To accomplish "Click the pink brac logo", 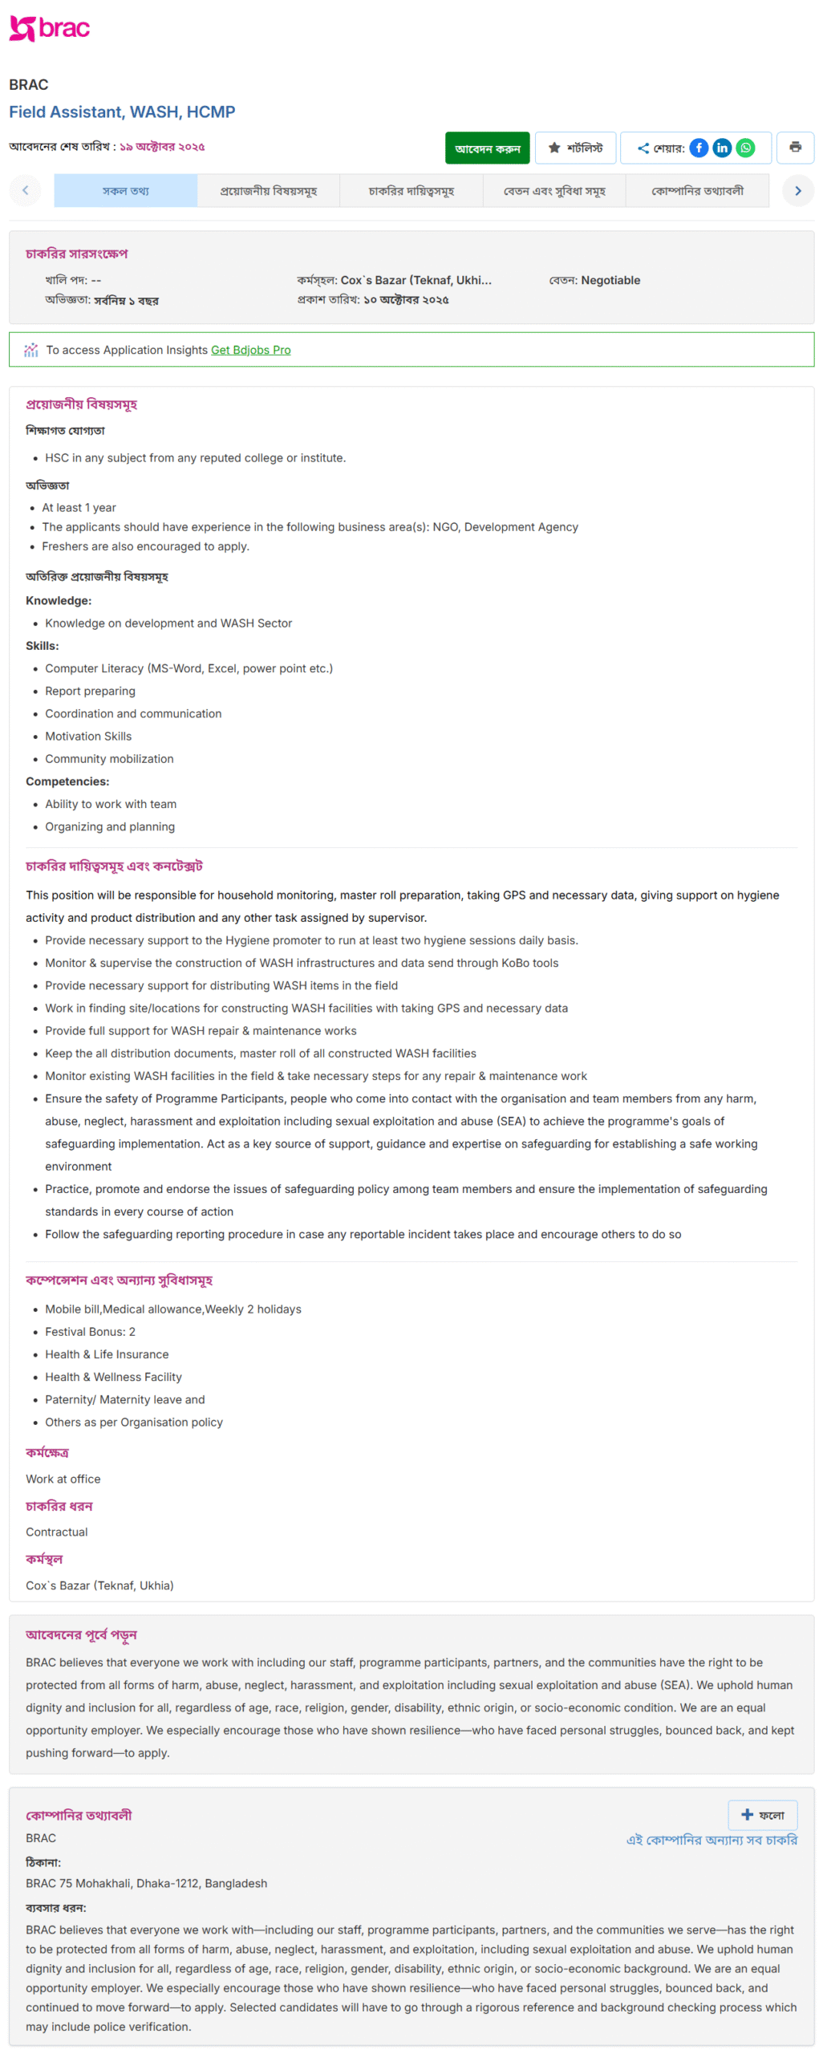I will point(49,28).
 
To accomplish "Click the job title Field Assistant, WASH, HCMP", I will point(122,112).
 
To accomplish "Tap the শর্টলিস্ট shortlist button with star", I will point(575,148).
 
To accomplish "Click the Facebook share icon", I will point(699,148).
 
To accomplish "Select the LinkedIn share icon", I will point(722,148).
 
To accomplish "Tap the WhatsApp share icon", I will point(745,148).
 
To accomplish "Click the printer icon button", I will point(794,148).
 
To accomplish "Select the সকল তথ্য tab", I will point(126,191).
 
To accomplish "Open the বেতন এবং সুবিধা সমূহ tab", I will point(553,191).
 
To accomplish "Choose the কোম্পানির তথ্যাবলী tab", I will point(696,191).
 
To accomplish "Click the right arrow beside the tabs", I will point(797,191).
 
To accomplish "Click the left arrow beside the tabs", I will point(26,191).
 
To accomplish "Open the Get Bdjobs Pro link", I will point(250,350).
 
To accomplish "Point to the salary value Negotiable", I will point(610,280).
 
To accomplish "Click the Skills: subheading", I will point(43,646).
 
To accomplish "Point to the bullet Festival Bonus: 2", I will point(90,1332).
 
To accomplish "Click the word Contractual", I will point(57,1532).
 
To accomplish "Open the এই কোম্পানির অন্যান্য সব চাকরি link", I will point(711,1840).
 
